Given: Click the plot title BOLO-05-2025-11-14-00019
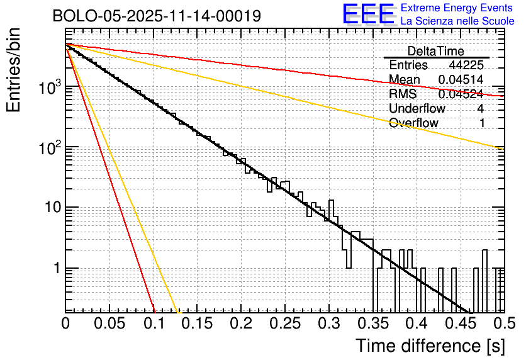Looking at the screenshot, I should tap(157, 16).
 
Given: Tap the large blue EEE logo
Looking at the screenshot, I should tap(368, 14).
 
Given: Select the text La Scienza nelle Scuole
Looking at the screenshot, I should tap(457, 21).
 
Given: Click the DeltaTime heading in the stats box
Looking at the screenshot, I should tap(435, 51).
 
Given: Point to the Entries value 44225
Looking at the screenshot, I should tap(466, 65).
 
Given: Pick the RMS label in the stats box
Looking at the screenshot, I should tap(403, 94).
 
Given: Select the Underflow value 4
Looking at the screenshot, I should tap(481, 109).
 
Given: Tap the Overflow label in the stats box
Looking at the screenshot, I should tap(413, 123).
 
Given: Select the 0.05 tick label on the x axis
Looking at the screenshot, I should tap(109, 323).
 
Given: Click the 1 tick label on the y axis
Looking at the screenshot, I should tap(55, 268).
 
